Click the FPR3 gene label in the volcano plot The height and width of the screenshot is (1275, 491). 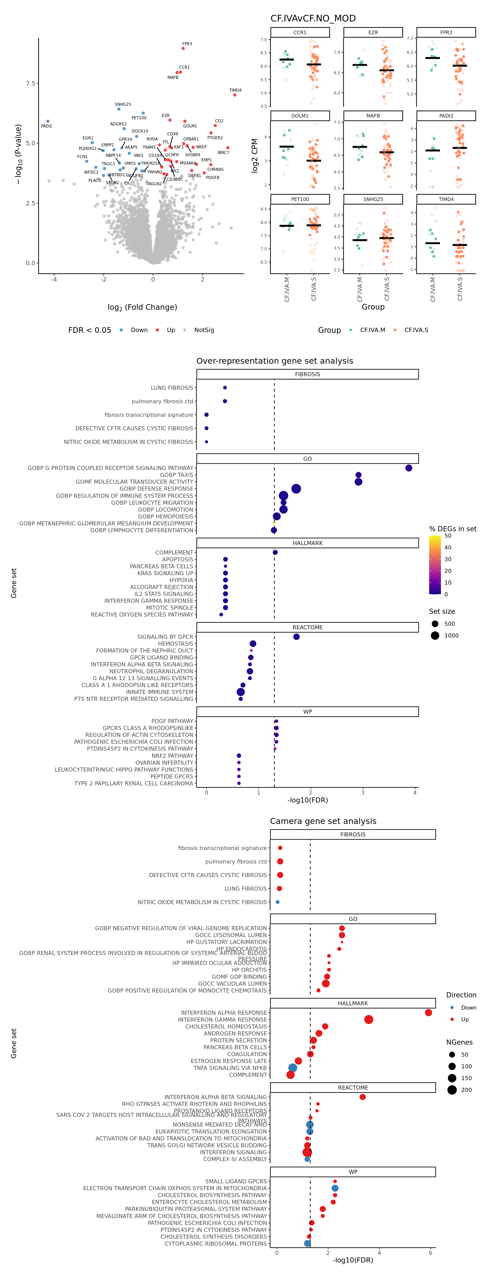tap(187, 44)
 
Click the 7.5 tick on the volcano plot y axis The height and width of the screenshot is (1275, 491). tap(31, 83)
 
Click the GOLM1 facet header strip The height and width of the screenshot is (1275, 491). tap(300, 116)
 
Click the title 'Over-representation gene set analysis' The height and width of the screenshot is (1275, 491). tap(274, 361)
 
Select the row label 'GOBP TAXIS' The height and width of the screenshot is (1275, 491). tap(176, 475)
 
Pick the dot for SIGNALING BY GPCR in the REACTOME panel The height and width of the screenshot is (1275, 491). tap(296, 636)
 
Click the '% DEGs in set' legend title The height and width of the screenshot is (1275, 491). tap(452, 529)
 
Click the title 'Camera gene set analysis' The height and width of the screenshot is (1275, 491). tap(323, 821)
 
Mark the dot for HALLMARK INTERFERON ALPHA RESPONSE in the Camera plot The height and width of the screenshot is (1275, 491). tap(428, 1013)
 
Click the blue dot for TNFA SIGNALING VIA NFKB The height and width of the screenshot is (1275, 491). tap(293, 1068)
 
